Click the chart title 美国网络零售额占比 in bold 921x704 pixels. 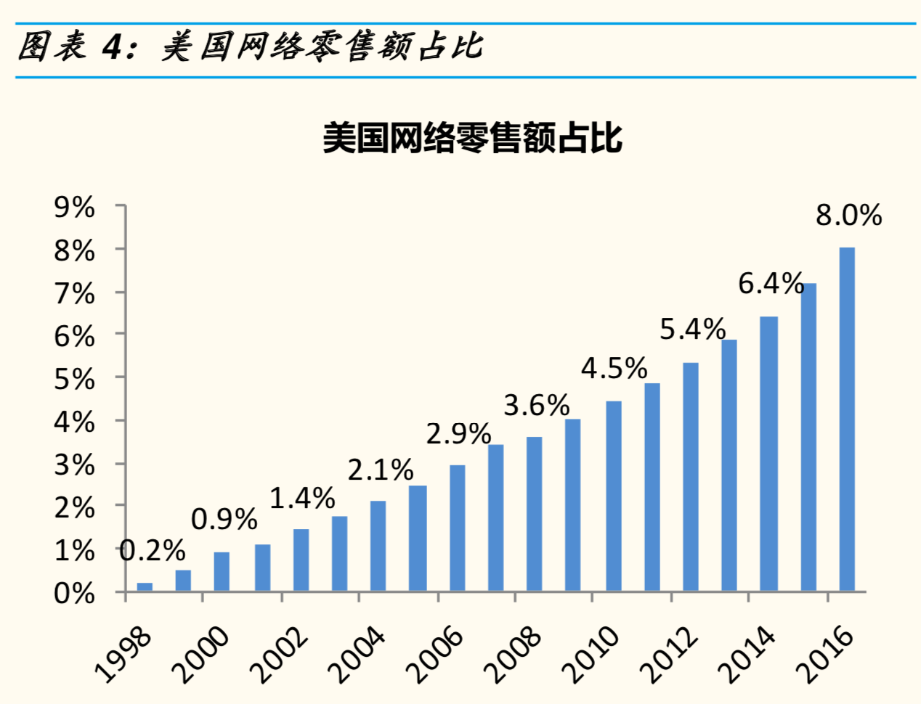tap(472, 138)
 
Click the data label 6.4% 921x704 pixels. tap(771, 284)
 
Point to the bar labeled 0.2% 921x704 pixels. tap(145, 586)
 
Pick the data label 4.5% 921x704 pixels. tap(614, 369)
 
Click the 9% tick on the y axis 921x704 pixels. tap(75, 208)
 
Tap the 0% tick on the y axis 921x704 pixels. tap(75, 594)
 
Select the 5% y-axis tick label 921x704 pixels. tap(75, 380)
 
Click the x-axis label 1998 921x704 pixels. tap(123, 655)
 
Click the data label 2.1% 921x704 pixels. tap(380, 470)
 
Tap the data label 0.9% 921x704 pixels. tap(224, 520)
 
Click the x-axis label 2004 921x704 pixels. tap(357, 655)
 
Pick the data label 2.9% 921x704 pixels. tap(458, 434)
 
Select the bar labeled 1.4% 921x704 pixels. tap(301, 560)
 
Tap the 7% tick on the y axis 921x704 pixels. tap(75, 294)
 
